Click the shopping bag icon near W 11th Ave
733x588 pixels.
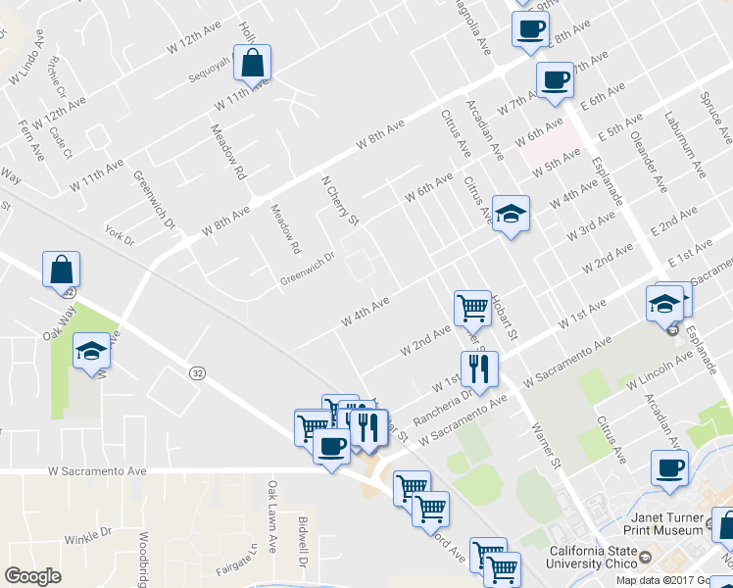(253, 63)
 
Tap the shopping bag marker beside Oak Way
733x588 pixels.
(62, 269)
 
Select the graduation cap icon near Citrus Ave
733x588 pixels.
(510, 213)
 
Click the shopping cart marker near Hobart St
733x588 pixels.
(473, 308)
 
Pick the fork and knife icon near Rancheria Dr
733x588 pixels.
(479, 368)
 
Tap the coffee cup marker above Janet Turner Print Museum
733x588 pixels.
(671, 467)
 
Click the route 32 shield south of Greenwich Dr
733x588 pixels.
(197, 372)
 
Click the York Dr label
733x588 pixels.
(119, 235)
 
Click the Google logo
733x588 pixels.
(32, 576)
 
